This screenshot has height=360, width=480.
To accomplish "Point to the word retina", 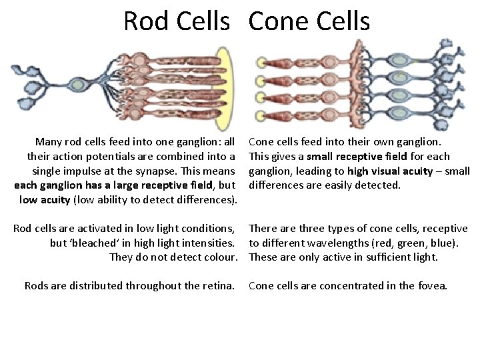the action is [x=217, y=286].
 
